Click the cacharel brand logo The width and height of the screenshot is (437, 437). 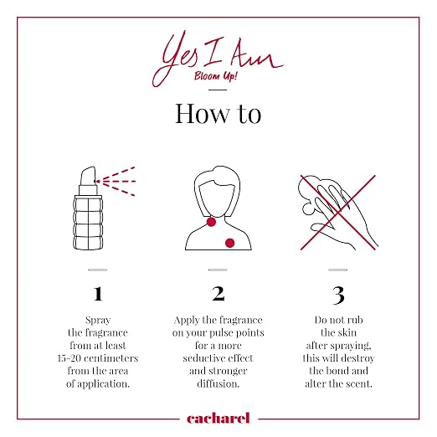pyautogui.click(x=218, y=419)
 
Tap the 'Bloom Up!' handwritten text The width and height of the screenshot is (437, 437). pyautogui.click(x=216, y=76)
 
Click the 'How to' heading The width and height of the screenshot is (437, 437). pyautogui.click(x=218, y=114)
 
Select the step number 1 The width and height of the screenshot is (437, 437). pyautogui.click(x=98, y=294)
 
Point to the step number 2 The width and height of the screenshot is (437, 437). pyautogui.click(x=218, y=294)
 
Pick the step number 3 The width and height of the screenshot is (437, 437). pyautogui.click(x=338, y=296)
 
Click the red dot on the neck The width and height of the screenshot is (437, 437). pyautogui.click(x=211, y=222)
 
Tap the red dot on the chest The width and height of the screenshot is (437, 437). pyautogui.click(x=229, y=243)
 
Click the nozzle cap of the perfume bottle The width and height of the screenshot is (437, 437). pyautogui.click(x=88, y=177)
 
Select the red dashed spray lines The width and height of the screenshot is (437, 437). pyautogui.click(x=116, y=182)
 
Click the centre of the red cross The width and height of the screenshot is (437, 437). pyautogui.click(x=338, y=213)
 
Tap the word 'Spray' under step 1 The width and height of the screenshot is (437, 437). pyautogui.click(x=98, y=321)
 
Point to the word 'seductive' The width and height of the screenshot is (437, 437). pyautogui.click(x=202, y=358)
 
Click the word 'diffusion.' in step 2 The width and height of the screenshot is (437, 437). pyautogui.click(x=218, y=383)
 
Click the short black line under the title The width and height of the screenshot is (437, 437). pyautogui.click(x=218, y=90)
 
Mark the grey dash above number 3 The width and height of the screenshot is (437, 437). pyautogui.click(x=338, y=270)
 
